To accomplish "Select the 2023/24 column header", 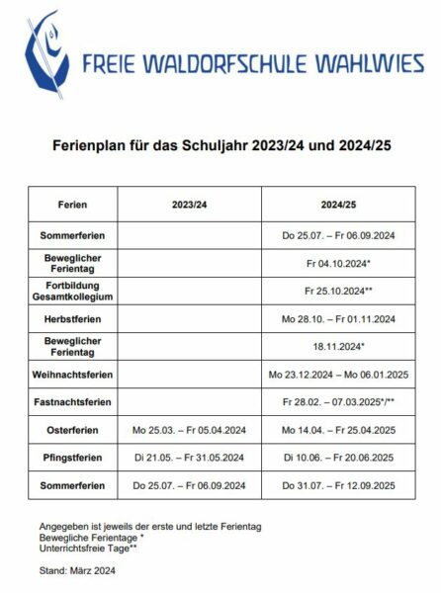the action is click(189, 206).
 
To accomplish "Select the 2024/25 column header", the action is click(338, 206).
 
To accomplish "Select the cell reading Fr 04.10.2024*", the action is click(338, 265).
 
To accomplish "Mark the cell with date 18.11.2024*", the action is click(338, 348).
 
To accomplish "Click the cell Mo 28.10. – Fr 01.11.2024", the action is click(338, 320).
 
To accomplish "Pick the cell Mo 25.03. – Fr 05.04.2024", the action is click(189, 431).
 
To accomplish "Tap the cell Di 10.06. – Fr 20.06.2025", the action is click(338, 459).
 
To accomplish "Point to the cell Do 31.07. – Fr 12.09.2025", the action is click(338, 486).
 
